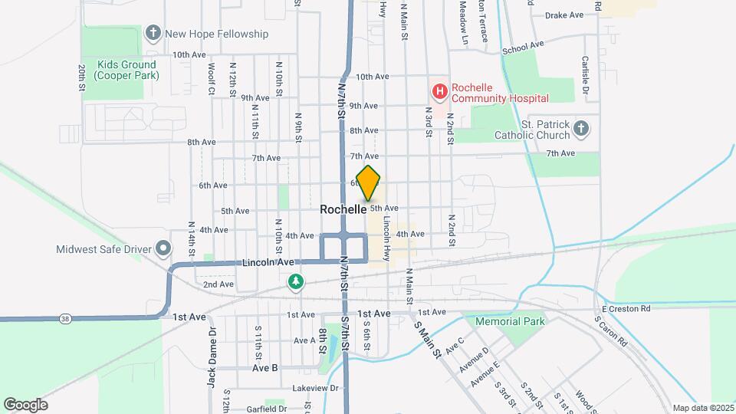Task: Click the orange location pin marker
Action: coord(369,182)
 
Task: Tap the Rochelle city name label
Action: coord(343,209)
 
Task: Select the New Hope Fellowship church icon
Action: coord(153,34)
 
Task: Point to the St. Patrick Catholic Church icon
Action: coord(581,129)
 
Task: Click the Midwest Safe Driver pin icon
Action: coord(163,248)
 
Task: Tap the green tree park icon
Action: coord(296,283)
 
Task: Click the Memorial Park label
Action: coord(510,321)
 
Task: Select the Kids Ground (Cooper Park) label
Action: coord(127,70)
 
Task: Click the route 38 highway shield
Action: coord(64,317)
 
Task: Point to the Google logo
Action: coord(25,404)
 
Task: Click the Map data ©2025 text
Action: coord(702,408)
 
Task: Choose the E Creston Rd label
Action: coord(626,308)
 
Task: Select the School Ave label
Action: coord(523,48)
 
